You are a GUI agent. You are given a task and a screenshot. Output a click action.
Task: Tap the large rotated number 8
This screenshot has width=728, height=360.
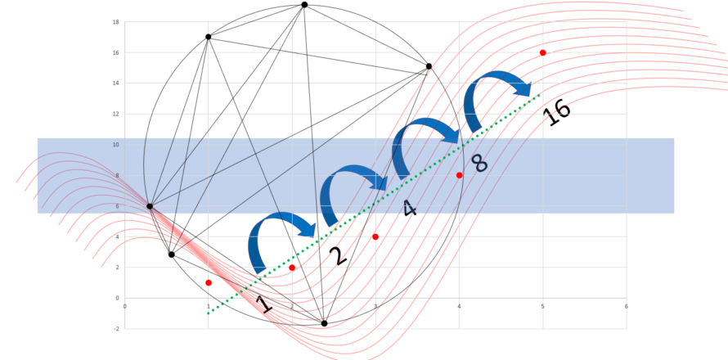[x=479, y=164]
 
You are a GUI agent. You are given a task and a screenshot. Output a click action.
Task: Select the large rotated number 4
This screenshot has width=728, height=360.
[x=409, y=208]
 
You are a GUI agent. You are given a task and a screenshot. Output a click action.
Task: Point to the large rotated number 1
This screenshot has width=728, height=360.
[x=263, y=304]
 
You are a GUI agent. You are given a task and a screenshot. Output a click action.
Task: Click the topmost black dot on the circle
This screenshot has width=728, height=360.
[x=304, y=5]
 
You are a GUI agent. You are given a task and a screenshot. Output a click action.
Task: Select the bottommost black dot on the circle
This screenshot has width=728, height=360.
[x=324, y=323]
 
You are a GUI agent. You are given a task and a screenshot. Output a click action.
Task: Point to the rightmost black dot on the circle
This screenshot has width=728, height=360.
[x=429, y=66]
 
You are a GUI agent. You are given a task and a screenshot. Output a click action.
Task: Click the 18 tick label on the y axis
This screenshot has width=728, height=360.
[x=115, y=22]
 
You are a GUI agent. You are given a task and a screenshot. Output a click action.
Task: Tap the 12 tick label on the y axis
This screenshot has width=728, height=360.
[x=115, y=114]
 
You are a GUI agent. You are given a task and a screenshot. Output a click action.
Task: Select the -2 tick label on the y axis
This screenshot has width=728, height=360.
[x=116, y=329]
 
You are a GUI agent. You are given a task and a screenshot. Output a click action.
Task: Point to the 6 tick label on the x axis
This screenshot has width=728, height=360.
[x=627, y=306]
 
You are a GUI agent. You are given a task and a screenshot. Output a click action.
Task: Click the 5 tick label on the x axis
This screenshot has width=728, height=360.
[x=543, y=306]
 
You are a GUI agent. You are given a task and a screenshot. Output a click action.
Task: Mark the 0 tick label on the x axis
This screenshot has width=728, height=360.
[x=125, y=306]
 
